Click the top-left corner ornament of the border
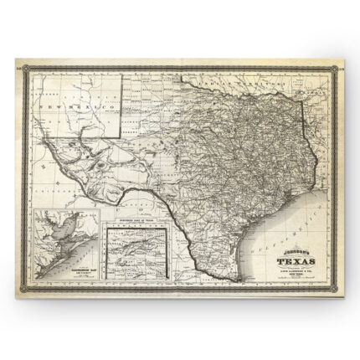click(18, 61)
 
